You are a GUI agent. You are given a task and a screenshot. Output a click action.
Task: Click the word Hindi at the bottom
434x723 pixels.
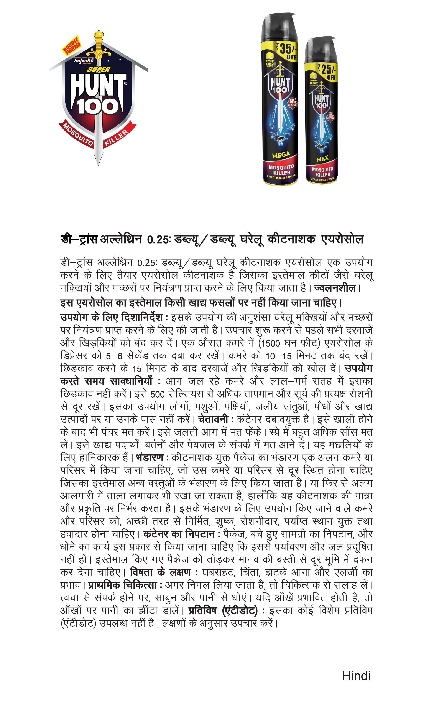[356, 676]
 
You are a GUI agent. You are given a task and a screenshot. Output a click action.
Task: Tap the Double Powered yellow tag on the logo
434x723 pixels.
[72, 46]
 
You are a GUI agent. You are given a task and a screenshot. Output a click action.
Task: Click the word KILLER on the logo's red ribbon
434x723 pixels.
[116, 137]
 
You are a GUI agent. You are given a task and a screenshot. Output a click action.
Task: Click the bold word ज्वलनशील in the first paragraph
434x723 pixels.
[335, 288]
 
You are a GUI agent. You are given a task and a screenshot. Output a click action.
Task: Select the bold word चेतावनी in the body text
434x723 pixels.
[213, 419]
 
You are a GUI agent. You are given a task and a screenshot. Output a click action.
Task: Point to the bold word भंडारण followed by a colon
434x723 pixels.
[150, 458]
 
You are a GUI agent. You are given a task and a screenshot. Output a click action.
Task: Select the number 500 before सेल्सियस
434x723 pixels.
[158, 394]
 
